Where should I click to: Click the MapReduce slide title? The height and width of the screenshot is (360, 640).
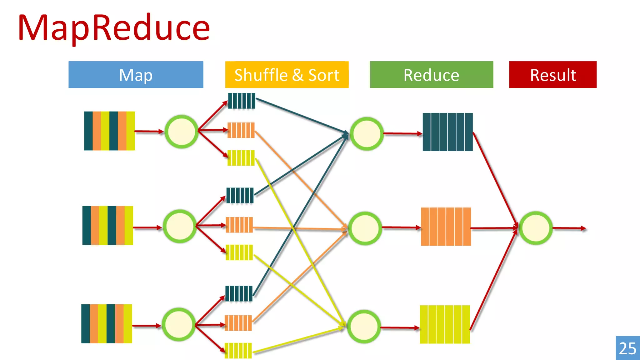click(114, 28)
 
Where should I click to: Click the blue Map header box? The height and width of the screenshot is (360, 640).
click(136, 75)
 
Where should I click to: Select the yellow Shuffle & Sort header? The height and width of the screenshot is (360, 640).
click(287, 75)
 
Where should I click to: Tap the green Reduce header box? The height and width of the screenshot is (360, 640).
click(431, 75)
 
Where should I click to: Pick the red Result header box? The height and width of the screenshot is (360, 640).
click(552, 75)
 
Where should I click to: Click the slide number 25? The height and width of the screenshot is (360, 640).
click(627, 348)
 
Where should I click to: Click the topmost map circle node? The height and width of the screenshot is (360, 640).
click(181, 132)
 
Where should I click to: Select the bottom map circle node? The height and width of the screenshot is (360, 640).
click(178, 325)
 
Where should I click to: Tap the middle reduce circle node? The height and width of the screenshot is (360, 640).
click(365, 228)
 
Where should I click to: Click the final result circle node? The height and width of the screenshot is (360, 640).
click(536, 228)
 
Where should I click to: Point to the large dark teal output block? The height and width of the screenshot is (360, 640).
click(447, 132)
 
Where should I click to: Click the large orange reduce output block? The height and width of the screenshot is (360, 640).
click(446, 227)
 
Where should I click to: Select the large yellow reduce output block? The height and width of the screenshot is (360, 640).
click(445, 324)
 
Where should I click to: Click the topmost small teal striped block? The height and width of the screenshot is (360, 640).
click(242, 101)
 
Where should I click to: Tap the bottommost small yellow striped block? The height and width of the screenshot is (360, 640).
click(238, 351)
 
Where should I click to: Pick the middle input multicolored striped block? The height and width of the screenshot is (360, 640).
click(107, 225)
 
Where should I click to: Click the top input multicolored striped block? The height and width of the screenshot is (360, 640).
click(109, 131)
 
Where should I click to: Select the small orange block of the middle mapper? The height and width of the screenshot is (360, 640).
click(239, 225)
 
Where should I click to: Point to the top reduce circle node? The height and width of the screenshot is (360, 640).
click(366, 134)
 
